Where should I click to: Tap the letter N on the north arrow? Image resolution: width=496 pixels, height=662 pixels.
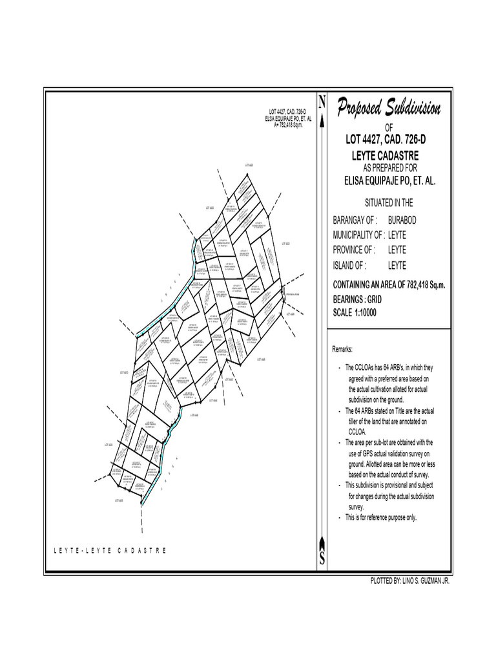(322, 101)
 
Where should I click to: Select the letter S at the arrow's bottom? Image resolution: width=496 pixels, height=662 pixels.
(322, 561)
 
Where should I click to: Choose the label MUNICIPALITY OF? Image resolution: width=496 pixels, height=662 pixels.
(358, 235)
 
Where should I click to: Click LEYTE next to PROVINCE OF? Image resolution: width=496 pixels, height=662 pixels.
(397, 250)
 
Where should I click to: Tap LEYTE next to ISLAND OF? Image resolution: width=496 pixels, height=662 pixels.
(397, 265)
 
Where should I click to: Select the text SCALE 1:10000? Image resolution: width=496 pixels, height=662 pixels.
(355, 312)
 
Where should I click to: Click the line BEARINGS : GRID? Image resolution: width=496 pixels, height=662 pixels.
(357, 300)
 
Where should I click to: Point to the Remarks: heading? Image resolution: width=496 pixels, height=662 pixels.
(343, 349)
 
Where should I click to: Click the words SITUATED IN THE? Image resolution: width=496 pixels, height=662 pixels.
(389, 202)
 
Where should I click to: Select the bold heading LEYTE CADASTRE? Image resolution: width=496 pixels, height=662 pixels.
(386, 156)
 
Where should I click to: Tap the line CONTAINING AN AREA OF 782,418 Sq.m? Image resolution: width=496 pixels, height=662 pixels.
(389, 285)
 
